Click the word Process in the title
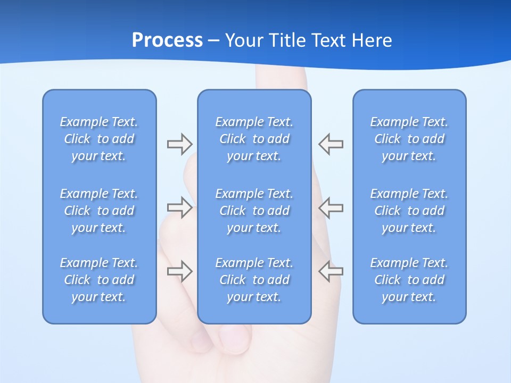pos(167,40)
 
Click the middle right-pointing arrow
pos(179,207)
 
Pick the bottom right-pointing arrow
pos(179,271)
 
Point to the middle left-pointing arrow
pos(331,207)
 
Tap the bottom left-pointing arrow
pos(331,271)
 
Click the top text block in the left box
pos(99,139)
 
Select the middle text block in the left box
pos(99,211)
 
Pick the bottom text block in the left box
pos(99,280)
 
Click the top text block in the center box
pos(254,139)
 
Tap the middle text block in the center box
pos(254,211)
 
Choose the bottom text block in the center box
pos(254,280)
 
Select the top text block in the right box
pos(409,139)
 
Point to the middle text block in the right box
pos(409,211)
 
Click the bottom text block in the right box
pos(409,280)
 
